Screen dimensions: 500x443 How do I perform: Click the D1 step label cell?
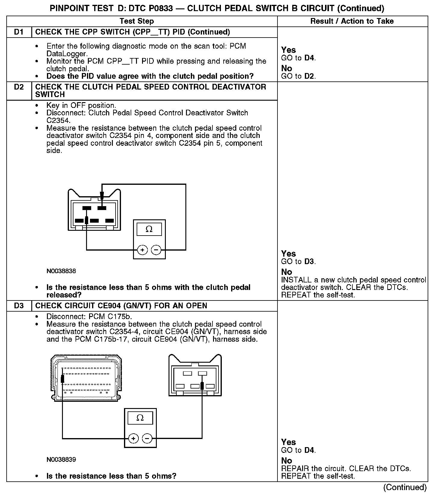[x=19, y=32]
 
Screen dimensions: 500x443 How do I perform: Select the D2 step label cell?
[x=19, y=87]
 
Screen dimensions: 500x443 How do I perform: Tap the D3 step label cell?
[x=19, y=306]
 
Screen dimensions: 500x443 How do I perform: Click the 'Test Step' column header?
[x=137, y=21]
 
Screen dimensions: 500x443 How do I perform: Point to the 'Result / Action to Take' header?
[x=352, y=21]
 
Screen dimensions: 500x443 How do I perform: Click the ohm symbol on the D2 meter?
[x=149, y=230]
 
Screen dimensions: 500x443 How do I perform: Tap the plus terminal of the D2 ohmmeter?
[x=142, y=250]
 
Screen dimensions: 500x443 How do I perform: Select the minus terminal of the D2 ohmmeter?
[x=156, y=250]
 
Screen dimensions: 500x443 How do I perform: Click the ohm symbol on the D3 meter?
[x=140, y=418]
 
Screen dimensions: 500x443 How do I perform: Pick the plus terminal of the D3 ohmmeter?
[x=133, y=439]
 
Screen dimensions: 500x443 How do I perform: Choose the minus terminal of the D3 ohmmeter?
[x=147, y=439]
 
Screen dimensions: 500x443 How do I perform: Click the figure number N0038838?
[x=61, y=271]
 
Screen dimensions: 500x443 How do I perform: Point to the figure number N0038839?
[x=61, y=459]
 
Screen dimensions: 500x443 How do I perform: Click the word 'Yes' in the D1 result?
[x=288, y=50]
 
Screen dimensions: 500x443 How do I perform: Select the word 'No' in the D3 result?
[x=287, y=461]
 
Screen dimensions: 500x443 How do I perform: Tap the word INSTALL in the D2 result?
[x=296, y=280]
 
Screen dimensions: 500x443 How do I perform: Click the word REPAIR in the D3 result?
[x=295, y=468]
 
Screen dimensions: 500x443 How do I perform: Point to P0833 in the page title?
[x=160, y=8]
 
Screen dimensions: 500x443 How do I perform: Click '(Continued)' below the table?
[x=405, y=487]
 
